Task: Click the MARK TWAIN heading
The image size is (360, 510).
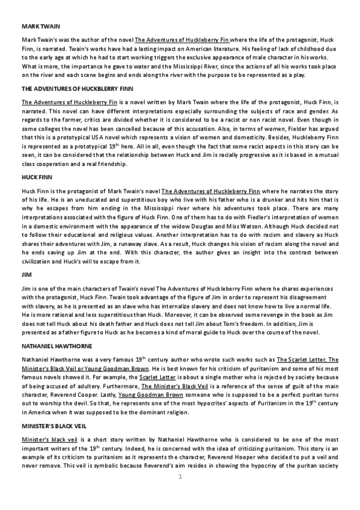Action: pyautogui.click(x=35, y=27)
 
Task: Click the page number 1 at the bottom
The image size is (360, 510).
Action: pyautogui.click(x=180, y=493)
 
